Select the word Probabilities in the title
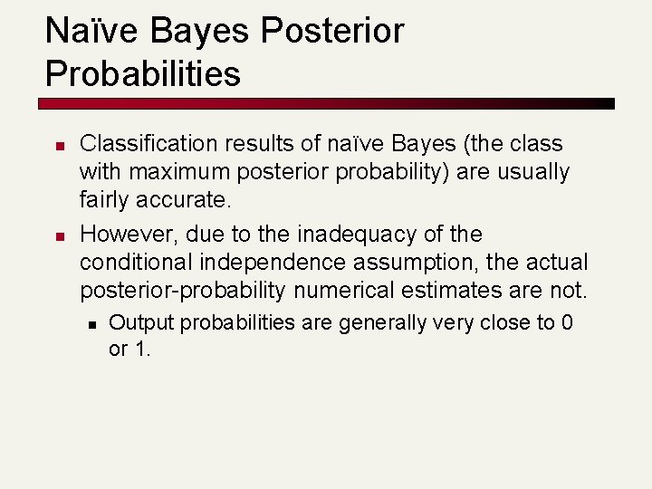coord(143,73)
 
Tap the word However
coord(128,235)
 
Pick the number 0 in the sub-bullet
coord(566,322)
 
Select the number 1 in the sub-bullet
coord(142,349)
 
